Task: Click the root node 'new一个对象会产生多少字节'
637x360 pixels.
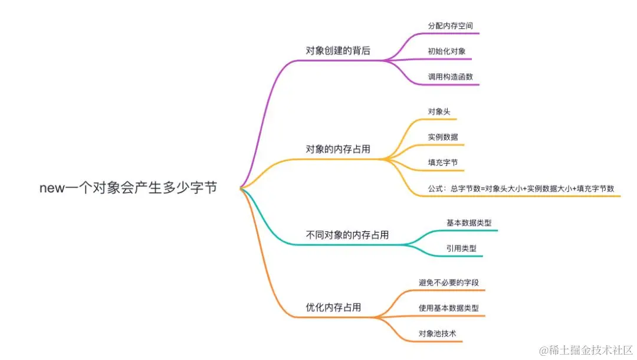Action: [128, 188]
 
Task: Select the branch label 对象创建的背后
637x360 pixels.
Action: [337, 51]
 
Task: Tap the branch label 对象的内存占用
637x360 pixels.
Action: [337, 149]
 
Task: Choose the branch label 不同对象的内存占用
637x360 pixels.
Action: [347, 235]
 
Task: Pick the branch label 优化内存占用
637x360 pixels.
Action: [333, 307]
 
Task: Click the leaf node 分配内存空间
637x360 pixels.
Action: [450, 26]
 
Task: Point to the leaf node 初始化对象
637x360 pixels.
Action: [446, 51]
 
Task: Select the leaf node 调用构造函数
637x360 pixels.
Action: [450, 77]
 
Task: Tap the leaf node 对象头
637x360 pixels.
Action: [439, 111]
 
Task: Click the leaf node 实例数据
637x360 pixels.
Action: [443, 137]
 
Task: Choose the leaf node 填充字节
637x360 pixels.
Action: [443, 162]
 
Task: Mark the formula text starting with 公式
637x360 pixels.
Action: [521, 188]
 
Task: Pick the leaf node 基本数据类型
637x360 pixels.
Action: [469, 222]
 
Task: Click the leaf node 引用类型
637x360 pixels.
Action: [461, 248]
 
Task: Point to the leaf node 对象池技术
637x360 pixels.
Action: [437, 333]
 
